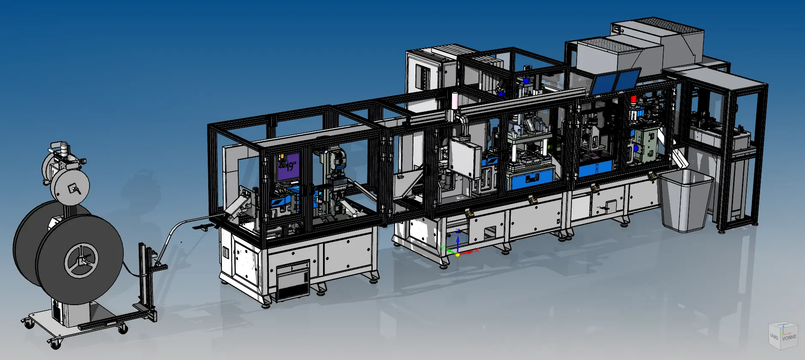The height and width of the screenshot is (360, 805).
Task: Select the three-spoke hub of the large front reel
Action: (x=81, y=260)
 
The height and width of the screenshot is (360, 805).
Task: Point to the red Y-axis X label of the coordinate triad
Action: (x=476, y=249)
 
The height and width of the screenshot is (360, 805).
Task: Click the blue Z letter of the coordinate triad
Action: (x=458, y=231)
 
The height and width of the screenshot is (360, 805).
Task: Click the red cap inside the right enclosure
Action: (x=633, y=99)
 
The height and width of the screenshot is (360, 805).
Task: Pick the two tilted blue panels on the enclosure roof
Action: (x=614, y=81)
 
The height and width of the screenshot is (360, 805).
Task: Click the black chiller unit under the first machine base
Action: (x=293, y=281)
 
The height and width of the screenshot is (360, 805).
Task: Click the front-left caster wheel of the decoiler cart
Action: (x=54, y=343)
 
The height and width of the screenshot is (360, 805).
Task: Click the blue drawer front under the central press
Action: (x=531, y=180)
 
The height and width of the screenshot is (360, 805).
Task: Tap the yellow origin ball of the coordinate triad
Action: (x=457, y=255)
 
